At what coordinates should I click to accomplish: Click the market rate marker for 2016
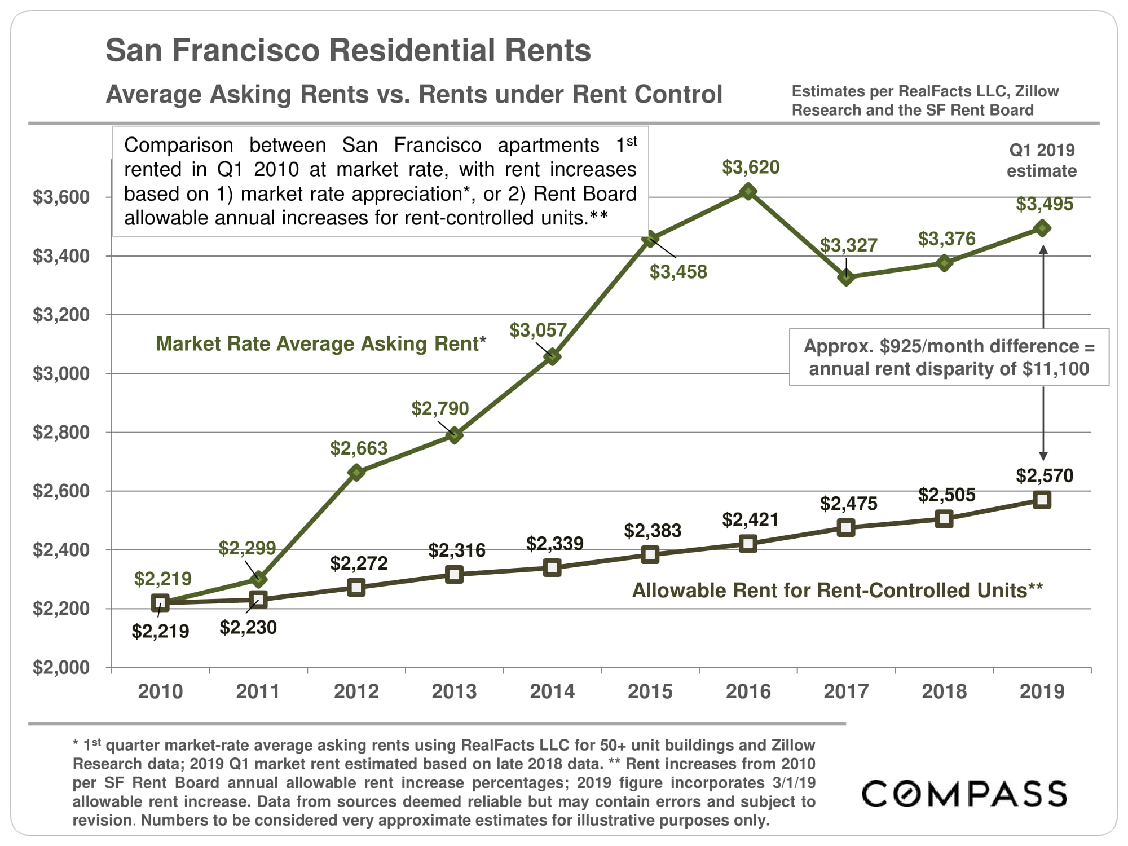point(748,192)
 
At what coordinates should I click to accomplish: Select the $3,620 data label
point(751,168)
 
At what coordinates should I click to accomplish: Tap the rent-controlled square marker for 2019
point(1042,500)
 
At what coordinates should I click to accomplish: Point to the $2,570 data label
point(1045,476)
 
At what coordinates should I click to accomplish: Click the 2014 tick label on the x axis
point(552,691)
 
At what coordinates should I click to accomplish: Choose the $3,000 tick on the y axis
point(61,373)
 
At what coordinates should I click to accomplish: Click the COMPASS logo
point(964,794)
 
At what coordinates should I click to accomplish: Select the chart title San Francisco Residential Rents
point(348,50)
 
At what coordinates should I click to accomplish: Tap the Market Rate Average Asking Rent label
point(320,343)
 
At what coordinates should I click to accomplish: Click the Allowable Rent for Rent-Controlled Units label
point(838,591)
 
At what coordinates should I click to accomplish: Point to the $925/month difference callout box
point(949,357)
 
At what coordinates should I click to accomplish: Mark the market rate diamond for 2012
point(356,473)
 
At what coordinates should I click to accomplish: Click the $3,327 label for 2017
point(848,245)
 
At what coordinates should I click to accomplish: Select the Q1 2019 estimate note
point(1042,161)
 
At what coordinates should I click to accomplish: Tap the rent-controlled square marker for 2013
point(454,575)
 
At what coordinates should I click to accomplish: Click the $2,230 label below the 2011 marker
point(248,628)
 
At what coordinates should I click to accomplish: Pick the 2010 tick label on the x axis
point(160,691)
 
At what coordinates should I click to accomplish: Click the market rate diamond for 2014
point(552,356)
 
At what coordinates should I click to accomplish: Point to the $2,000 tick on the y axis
point(61,668)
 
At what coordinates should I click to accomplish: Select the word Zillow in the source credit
point(1037,91)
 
